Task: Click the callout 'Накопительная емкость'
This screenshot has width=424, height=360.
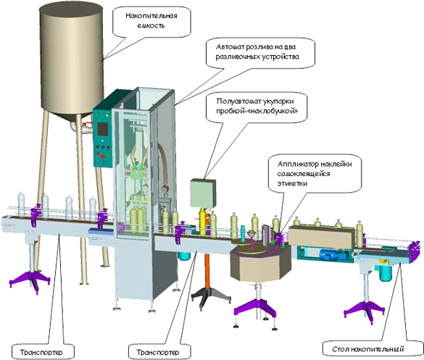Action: (151, 21)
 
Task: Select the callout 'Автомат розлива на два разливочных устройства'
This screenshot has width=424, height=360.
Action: (260, 52)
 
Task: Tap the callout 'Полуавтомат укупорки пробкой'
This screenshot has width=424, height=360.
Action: (257, 107)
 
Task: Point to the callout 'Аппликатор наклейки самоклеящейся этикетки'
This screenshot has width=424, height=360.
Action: (315, 174)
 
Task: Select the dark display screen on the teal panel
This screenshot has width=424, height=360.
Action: (103, 129)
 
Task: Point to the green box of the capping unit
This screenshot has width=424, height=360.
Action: (203, 193)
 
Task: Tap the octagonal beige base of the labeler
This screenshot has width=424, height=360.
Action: (261, 264)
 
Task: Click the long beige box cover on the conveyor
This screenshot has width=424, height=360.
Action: (322, 237)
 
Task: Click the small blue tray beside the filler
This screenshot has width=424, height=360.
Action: (101, 231)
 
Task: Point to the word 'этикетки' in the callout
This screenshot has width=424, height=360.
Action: (292, 183)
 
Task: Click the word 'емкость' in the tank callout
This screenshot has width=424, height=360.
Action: (151, 26)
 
